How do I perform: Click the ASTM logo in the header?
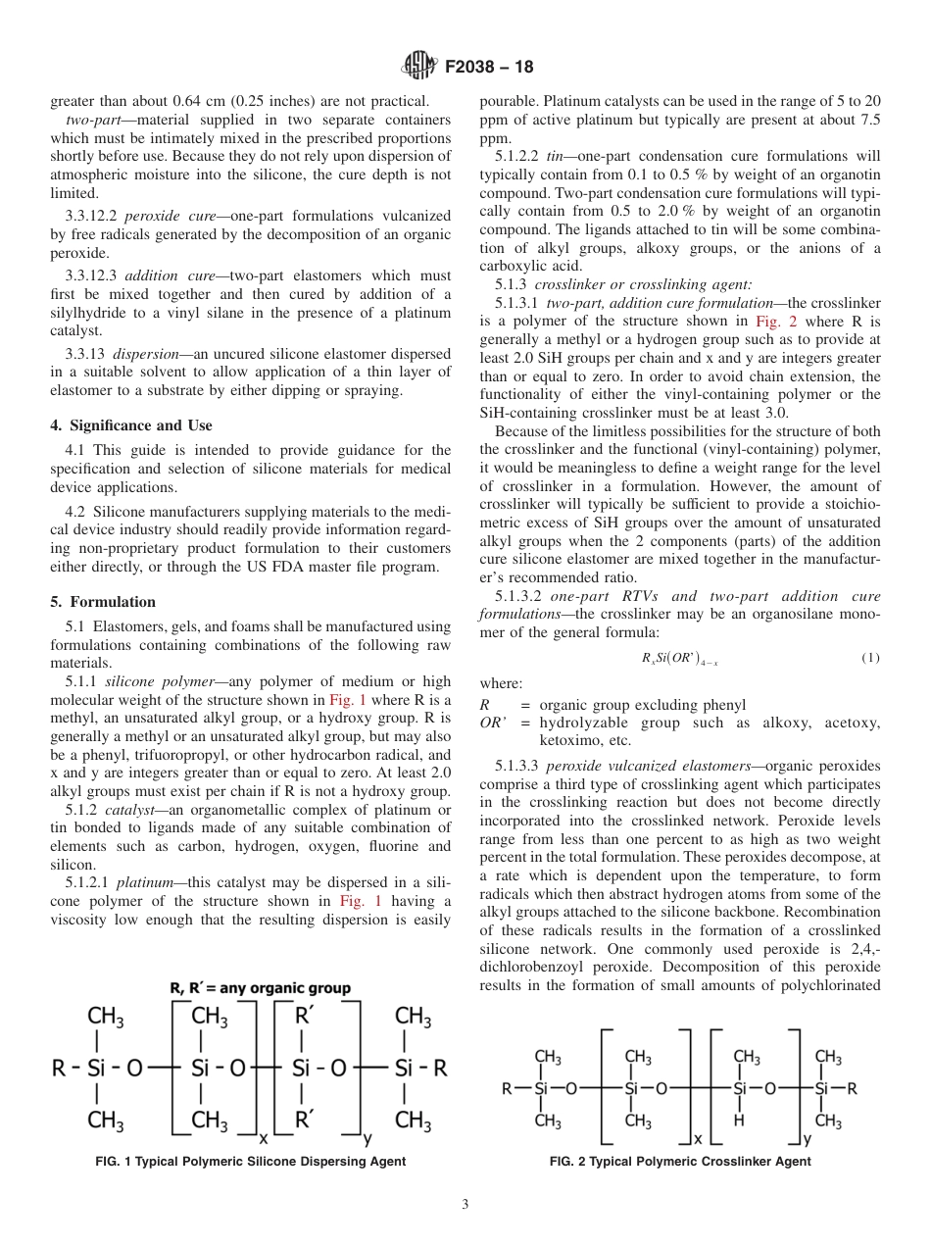[418, 67]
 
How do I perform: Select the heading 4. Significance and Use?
[131, 425]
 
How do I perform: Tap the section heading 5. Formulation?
[103, 602]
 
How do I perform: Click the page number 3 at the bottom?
[465, 1205]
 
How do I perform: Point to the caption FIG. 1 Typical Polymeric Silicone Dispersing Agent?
[250, 1162]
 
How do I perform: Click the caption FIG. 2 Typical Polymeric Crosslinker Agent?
[680, 1162]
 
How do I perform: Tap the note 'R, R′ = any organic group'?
[260, 988]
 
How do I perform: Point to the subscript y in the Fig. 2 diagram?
[807, 1140]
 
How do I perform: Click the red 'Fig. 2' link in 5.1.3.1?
[774, 321]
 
